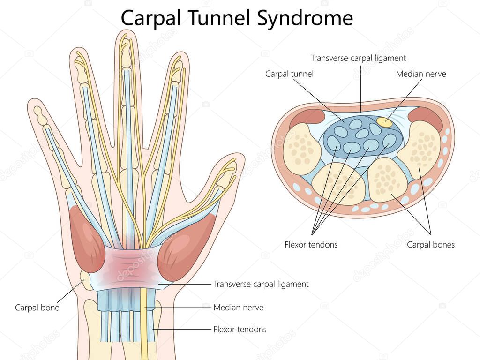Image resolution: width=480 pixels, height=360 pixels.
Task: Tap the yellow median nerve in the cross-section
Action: click(384, 123)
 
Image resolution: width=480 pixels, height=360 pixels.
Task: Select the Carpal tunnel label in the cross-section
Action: click(289, 74)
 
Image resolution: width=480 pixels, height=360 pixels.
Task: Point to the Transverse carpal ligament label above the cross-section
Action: click(359, 58)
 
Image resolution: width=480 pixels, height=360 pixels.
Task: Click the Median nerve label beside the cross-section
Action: click(421, 74)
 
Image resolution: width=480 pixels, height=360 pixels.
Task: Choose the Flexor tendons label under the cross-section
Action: click(311, 244)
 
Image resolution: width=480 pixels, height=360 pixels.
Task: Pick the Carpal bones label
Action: click(431, 244)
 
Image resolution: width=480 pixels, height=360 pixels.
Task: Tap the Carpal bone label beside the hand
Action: click(37, 308)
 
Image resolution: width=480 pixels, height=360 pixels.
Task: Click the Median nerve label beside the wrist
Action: click(238, 307)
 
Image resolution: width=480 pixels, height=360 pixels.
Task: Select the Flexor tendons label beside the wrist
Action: click(240, 329)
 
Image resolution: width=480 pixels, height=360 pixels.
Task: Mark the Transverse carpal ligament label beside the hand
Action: click(261, 284)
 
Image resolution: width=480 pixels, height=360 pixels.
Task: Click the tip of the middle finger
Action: click(124, 37)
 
